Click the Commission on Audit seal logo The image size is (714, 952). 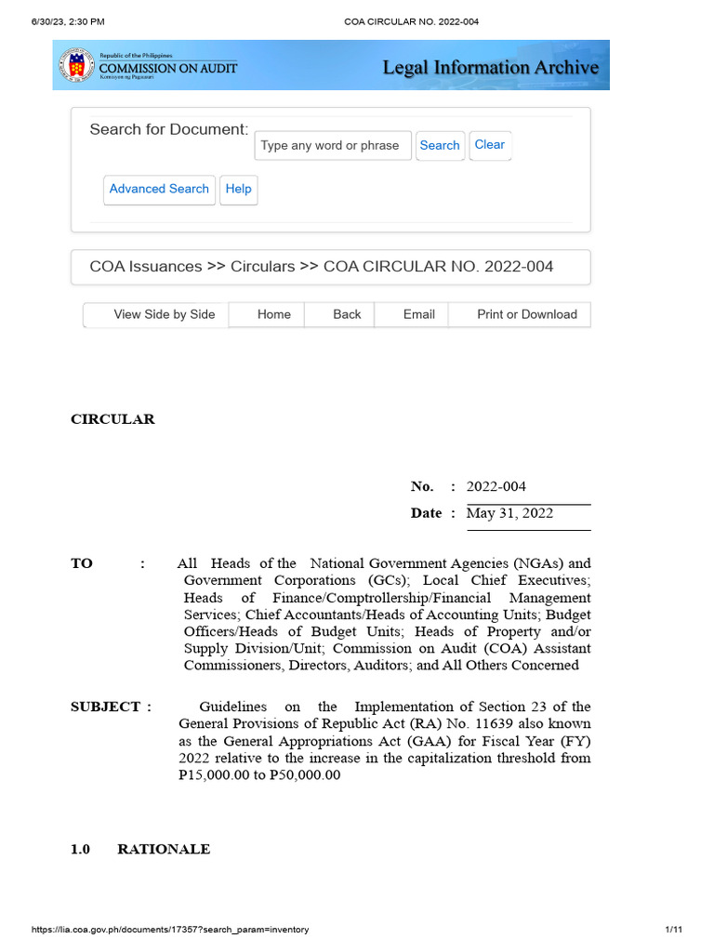pos(76,65)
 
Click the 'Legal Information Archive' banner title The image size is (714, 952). pos(490,67)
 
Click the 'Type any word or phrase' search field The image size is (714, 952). pos(332,146)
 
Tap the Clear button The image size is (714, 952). pos(490,145)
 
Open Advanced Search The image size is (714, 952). pos(159,190)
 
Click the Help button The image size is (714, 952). pos(239,190)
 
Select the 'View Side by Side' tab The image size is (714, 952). pos(164,315)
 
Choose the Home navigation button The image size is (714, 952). pos(274,315)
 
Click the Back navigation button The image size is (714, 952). pos(347,315)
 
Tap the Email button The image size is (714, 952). pos(419,315)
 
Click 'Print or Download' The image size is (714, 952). pos(527,315)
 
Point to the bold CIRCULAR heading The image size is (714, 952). pos(112,419)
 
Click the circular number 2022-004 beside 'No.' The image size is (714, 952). pos(496,486)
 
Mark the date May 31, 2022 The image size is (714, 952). pos(509,513)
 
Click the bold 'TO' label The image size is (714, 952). pos(82,563)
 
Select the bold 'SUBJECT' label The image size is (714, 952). pos(105,707)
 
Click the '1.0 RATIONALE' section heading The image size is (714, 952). pos(140,849)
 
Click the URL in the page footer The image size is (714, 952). pos(170,930)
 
